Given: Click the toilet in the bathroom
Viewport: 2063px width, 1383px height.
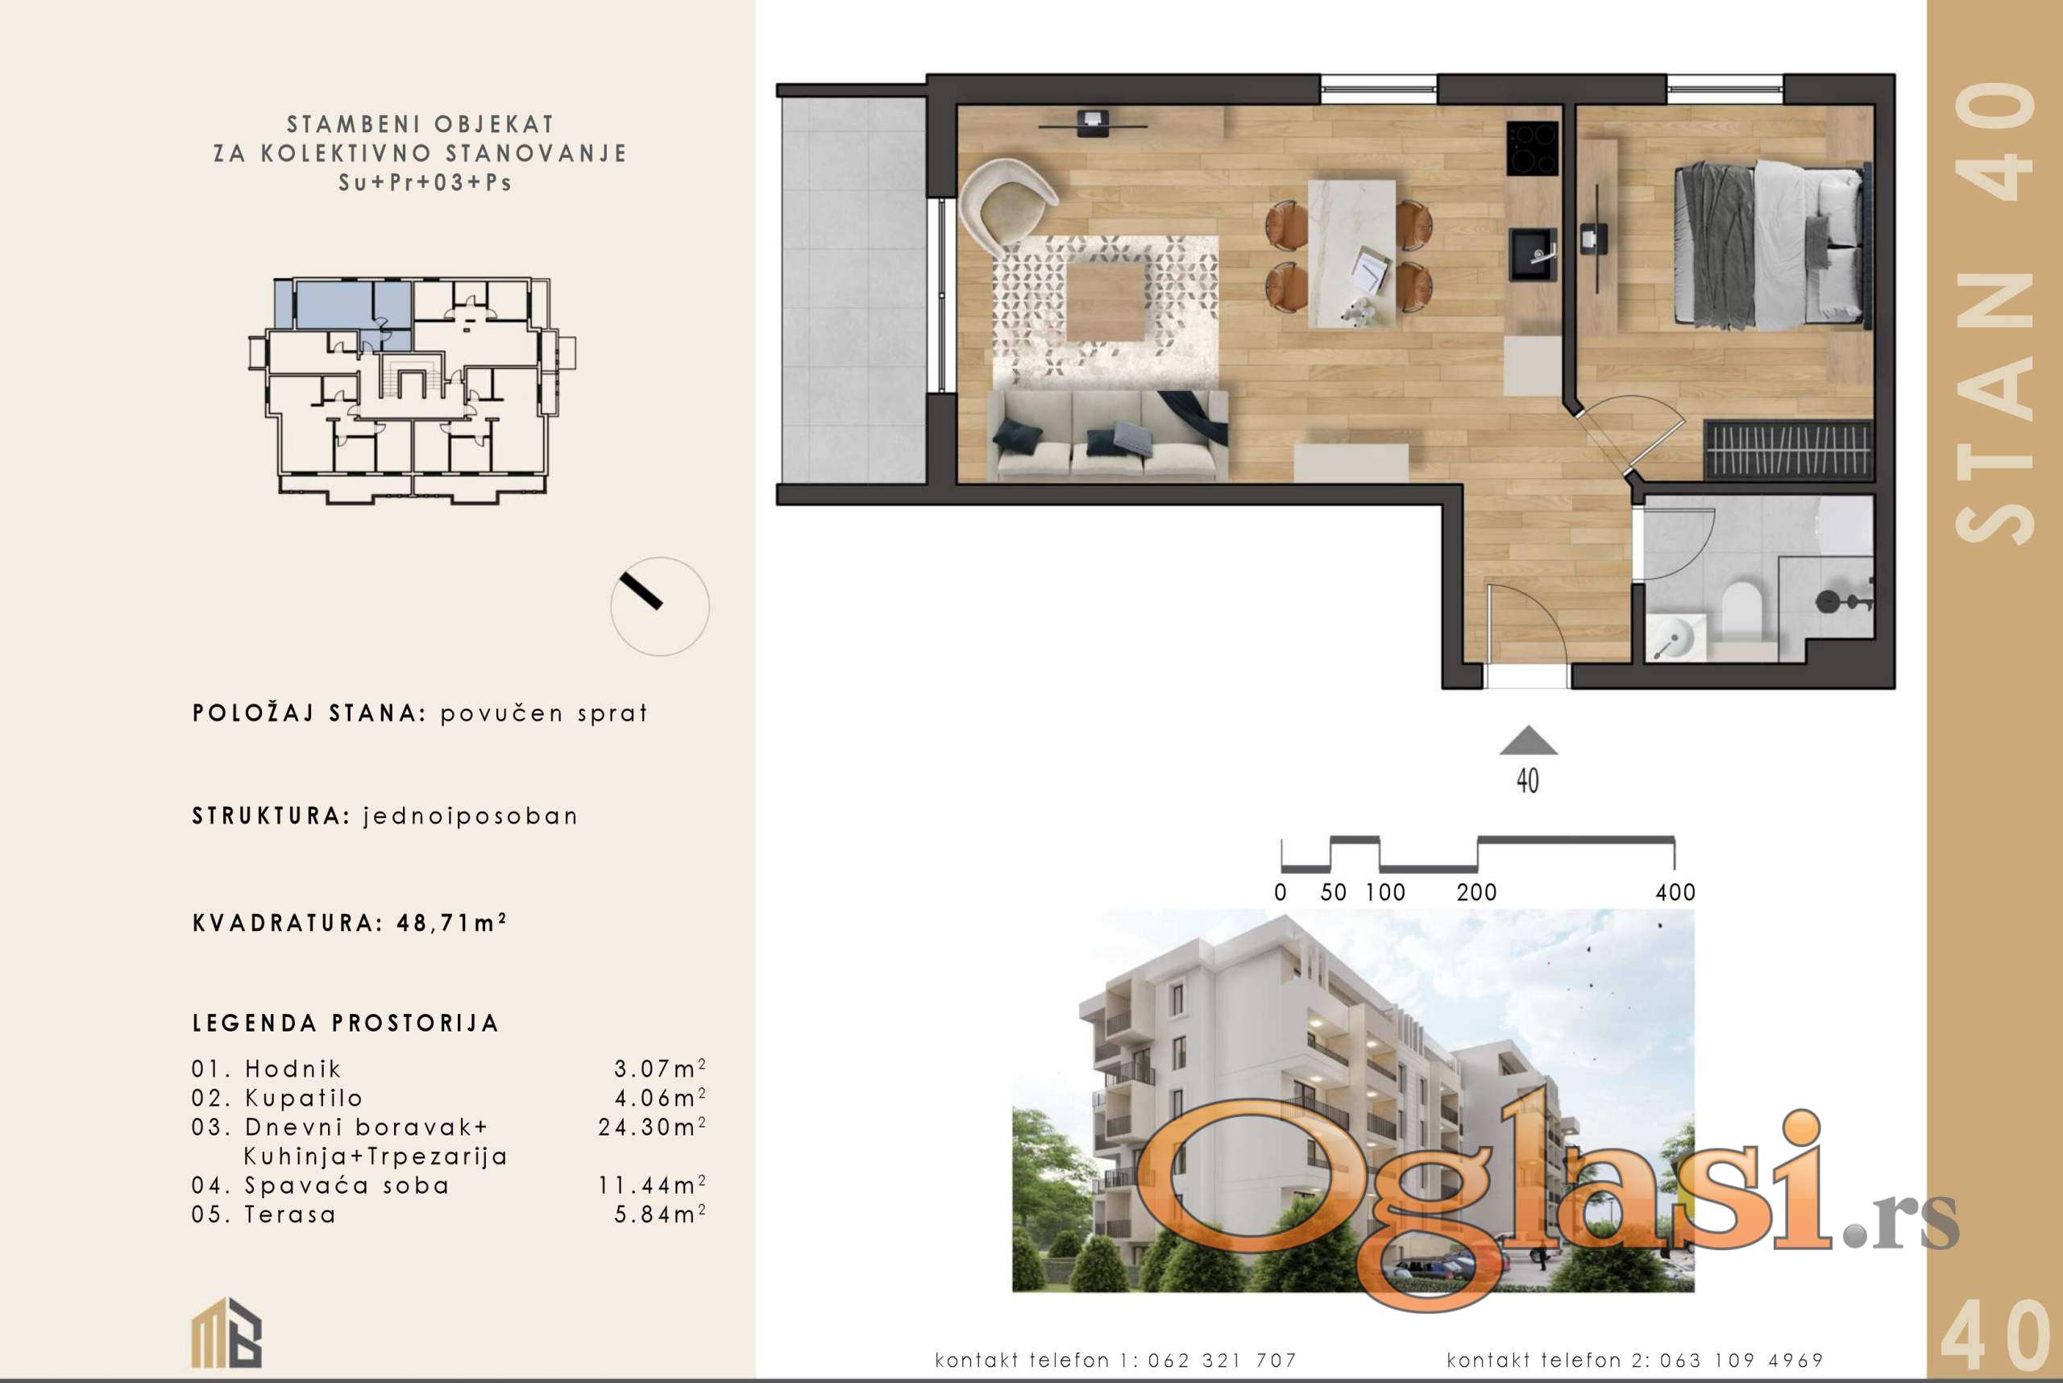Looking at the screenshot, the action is coord(1740,609).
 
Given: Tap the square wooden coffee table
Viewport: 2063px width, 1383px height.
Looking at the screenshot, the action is coord(1106,302).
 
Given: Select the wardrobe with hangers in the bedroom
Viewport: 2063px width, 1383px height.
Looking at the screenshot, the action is coord(1788,450).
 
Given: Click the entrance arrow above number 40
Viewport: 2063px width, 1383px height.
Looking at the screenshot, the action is coord(1529,741).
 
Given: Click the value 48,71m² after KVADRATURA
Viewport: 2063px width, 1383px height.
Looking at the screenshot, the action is coord(451,923).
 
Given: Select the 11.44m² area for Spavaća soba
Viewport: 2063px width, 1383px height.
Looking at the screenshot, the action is coord(652,1185).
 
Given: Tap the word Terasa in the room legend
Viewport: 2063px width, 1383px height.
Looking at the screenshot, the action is coord(290,1215).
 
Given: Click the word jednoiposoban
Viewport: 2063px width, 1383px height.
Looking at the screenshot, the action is coord(471,816).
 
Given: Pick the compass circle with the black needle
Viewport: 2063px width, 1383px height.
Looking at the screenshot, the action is coord(660,606).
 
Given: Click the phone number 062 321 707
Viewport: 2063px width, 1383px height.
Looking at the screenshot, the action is coord(1222,1361).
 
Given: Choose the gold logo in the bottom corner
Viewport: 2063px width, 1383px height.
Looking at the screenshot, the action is coord(226,1332).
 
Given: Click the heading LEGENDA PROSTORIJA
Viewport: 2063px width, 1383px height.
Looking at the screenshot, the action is coord(346,1023).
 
